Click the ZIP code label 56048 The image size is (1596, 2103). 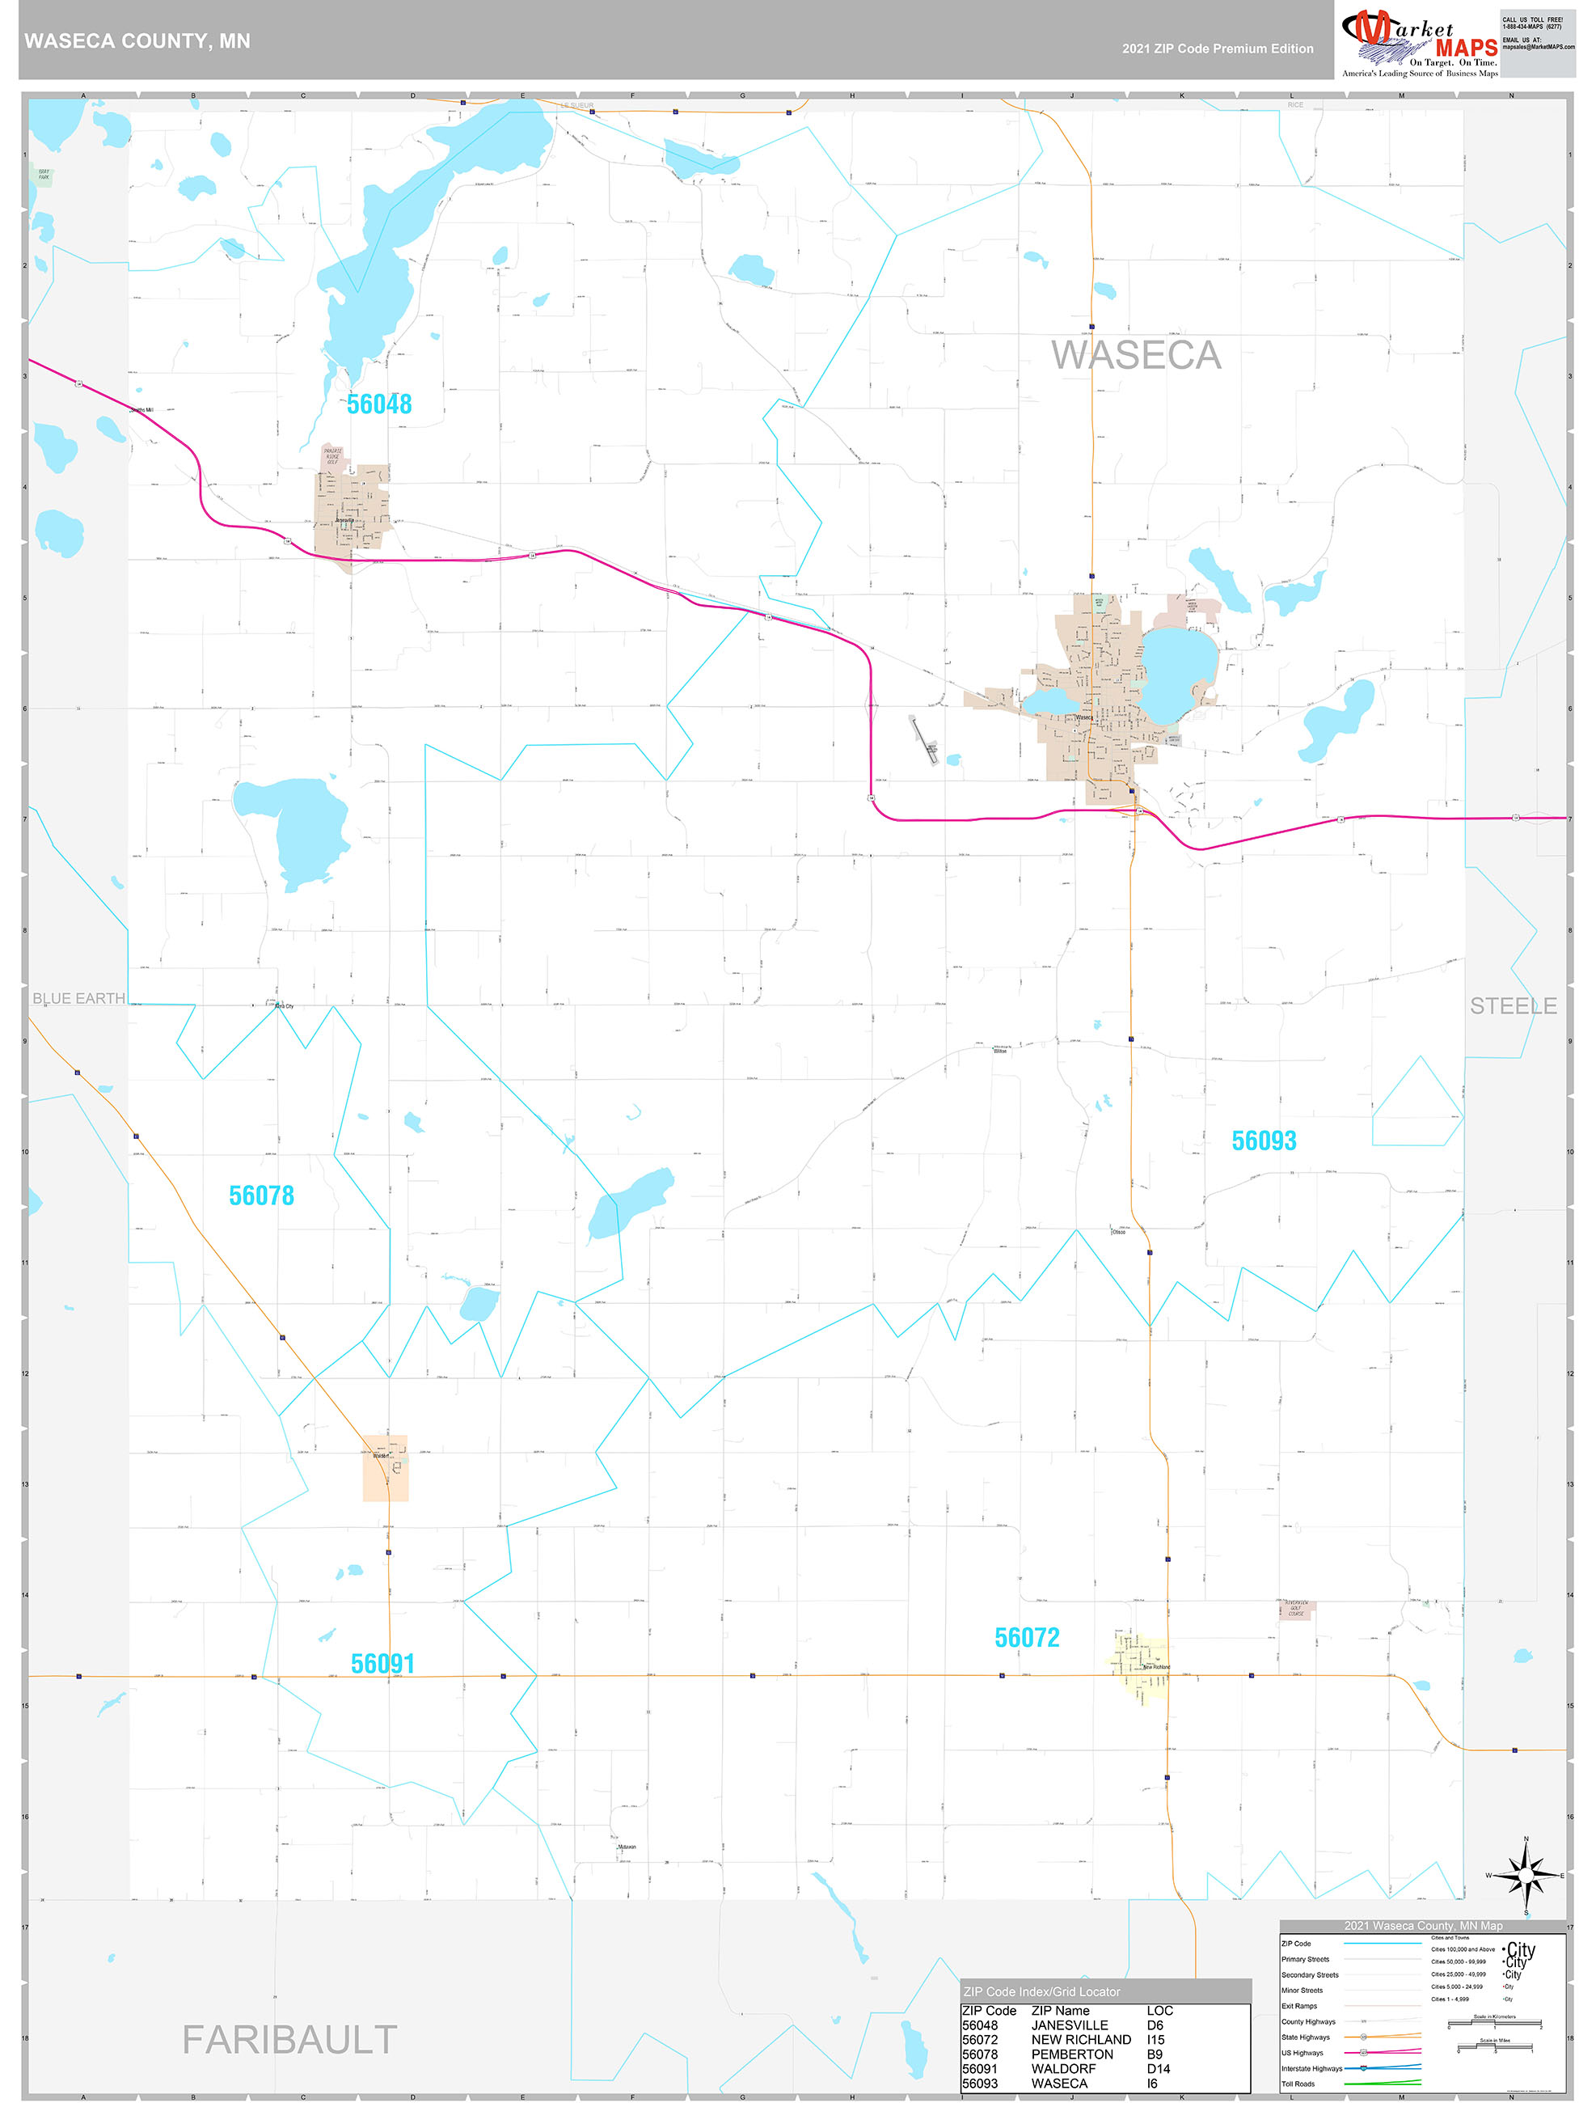[379, 405]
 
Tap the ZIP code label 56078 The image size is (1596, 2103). [261, 1196]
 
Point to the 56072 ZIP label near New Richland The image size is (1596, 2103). [1027, 1638]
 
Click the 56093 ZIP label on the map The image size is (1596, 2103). [1264, 1140]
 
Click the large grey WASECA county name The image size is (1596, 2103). [1136, 356]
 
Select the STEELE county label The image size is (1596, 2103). [1514, 1006]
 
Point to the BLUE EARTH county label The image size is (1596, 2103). [79, 998]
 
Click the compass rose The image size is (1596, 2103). [1526, 1876]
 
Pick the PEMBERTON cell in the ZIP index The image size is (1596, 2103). [1071, 2054]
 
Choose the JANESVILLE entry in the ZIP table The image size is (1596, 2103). [1070, 2025]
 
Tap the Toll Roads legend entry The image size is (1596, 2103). [1298, 2084]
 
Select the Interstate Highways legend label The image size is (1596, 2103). [1311, 2069]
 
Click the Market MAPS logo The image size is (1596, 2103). [1419, 44]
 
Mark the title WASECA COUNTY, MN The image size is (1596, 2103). [137, 41]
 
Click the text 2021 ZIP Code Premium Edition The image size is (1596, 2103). [1218, 49]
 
